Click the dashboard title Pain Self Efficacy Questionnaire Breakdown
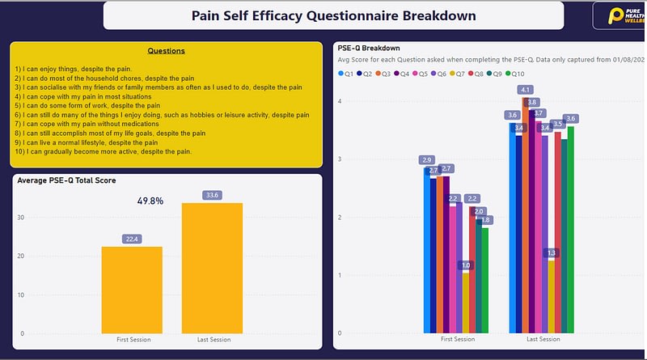333,15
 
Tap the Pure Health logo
619,15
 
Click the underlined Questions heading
166,51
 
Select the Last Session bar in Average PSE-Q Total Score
212,268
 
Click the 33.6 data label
212,195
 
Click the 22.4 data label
132,239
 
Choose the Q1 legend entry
346,74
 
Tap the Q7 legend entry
460,74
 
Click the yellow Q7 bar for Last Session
551,296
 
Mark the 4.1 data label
526,90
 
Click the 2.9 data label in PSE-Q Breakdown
427,159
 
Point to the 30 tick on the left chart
22,218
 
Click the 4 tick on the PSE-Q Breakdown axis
341,101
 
